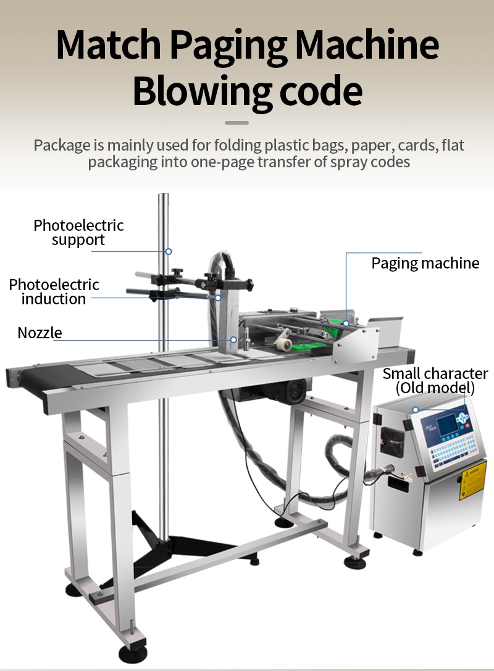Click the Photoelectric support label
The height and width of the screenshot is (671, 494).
[x=78, y=233]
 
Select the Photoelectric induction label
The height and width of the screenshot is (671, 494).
[x=54, y=291]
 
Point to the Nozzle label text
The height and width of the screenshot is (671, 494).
[x=40, y=333]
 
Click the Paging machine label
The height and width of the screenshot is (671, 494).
[x=425, y=264]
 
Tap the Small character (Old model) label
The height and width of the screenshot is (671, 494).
[x=435, y=381]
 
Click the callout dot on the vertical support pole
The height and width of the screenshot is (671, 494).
[x=168, y=251]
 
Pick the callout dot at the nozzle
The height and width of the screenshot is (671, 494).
[x=233, y=339]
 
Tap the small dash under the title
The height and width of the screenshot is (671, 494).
[x=237, y=123]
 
